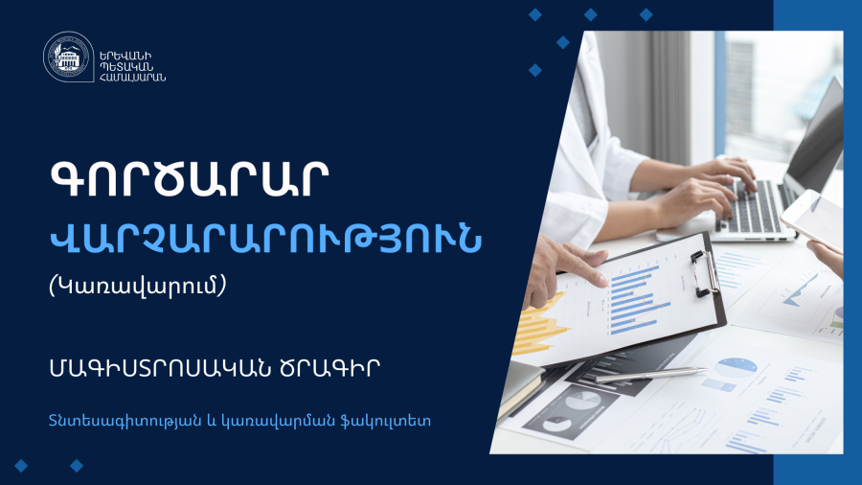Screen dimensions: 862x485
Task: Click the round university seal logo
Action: pos(68,57)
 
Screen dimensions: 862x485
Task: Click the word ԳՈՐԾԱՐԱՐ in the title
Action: pos(190,179)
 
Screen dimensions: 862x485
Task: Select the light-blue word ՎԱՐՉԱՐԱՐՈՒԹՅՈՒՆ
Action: pos(265,239)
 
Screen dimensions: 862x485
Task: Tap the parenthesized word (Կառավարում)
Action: pos(137,286)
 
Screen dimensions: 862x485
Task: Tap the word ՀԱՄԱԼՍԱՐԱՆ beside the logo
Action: pos(132,77)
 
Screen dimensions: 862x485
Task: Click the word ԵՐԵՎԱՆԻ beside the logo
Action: pos(125,57)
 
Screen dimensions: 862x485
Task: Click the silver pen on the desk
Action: pos(651,375)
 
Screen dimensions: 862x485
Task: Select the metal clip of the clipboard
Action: pos(706,273)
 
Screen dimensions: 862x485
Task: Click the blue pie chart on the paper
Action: pos(737,367)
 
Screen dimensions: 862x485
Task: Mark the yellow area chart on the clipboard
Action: pos(541,324)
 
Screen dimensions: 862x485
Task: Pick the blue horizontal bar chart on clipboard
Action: pos(638,300)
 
